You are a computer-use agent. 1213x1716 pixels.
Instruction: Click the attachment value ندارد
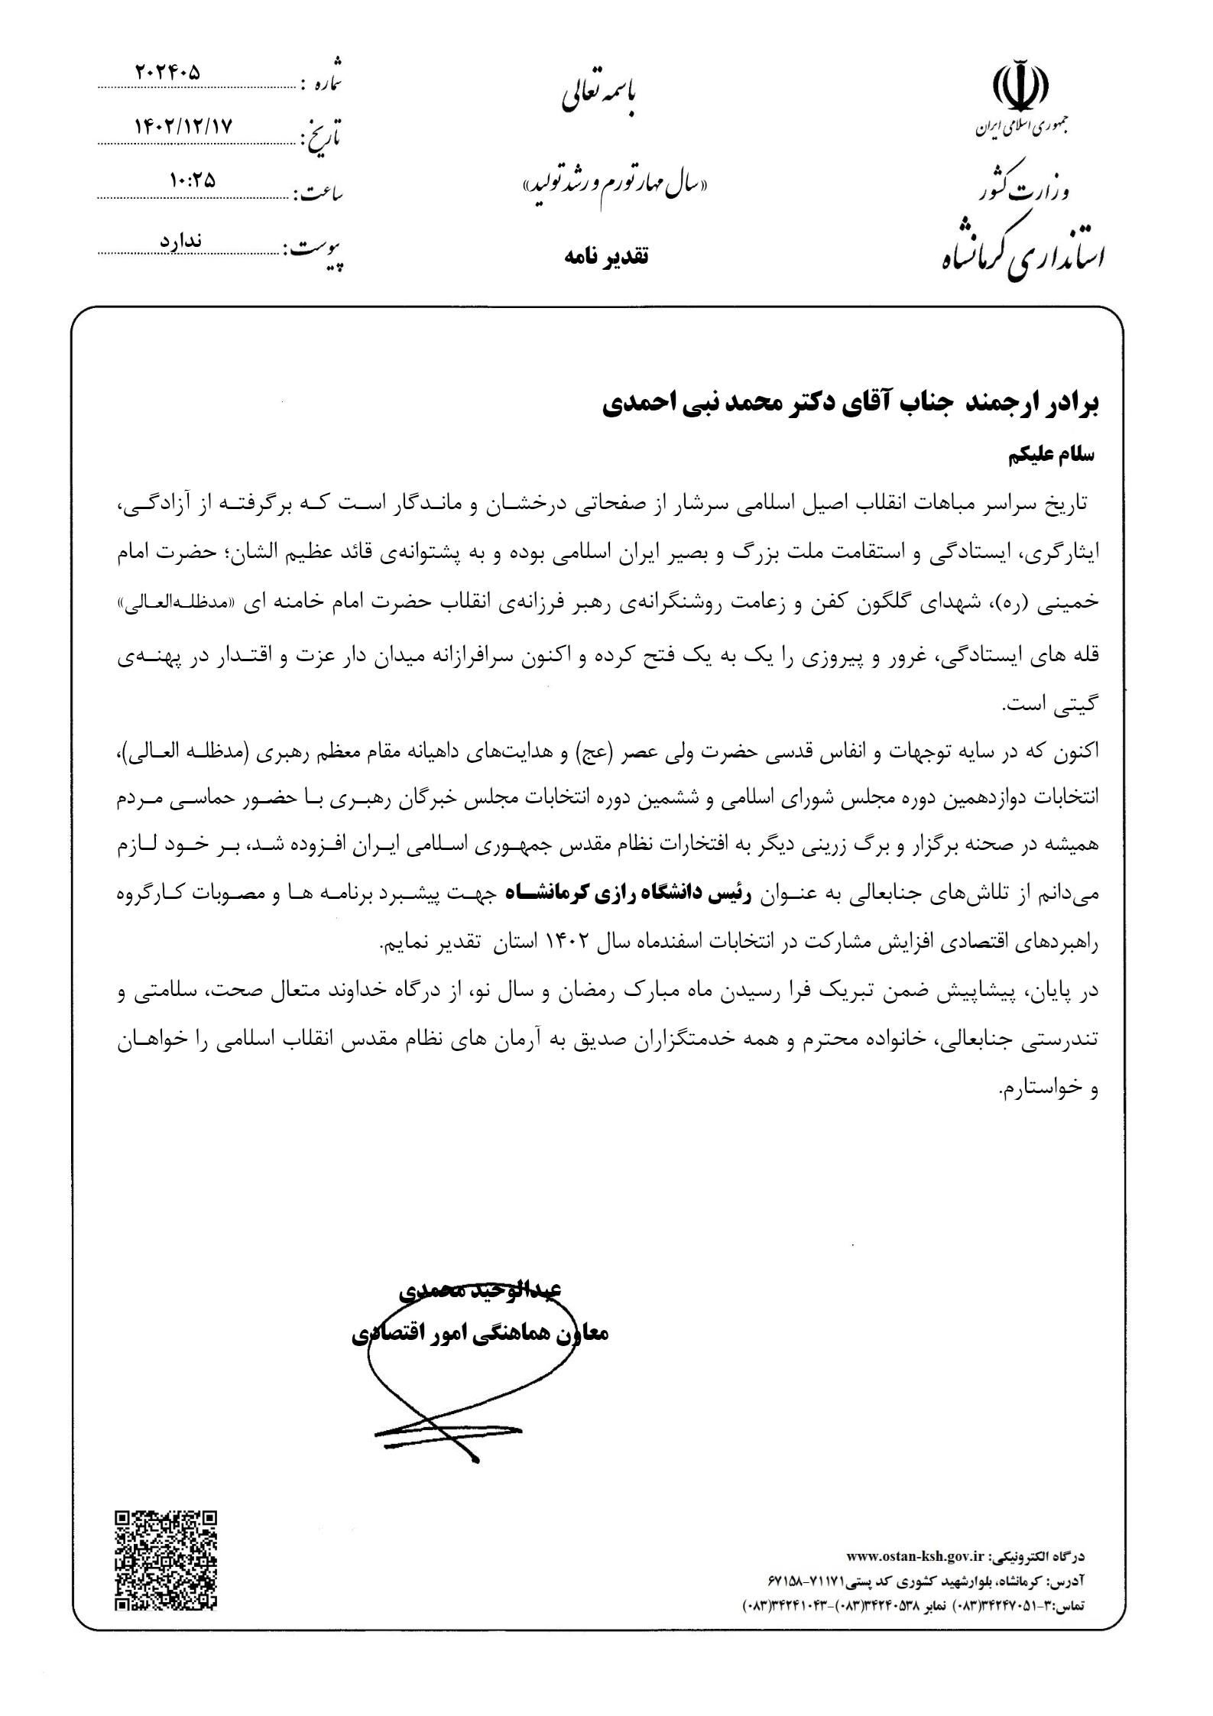[180, 239]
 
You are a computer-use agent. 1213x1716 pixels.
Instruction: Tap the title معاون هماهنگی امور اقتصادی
[479, 1334]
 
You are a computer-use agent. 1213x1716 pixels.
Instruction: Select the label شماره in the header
[322, 79]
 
